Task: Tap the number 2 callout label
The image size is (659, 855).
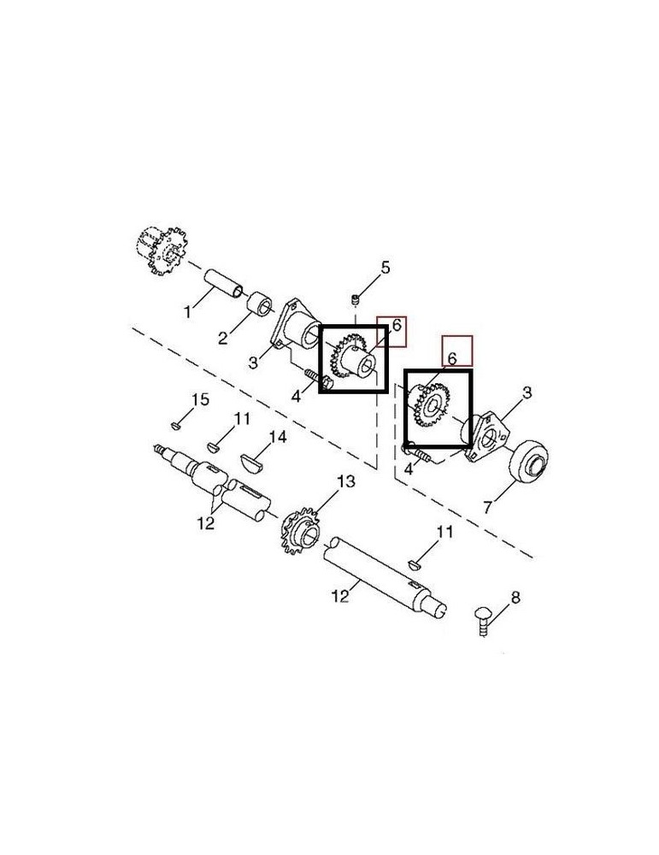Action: [x=222, y=338]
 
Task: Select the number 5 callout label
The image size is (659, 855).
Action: [x=385, y=268]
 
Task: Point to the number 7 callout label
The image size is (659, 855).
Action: [x=487, y=507]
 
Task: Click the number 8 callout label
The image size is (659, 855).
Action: [x=515, y=597]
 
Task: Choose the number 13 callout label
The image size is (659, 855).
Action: [x=344, y=482]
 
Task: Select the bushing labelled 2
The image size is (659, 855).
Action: [x=259, y=304]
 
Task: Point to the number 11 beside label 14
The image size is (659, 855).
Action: [x=242, y=419]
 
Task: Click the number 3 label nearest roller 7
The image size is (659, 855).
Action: [x=527, y=392]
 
